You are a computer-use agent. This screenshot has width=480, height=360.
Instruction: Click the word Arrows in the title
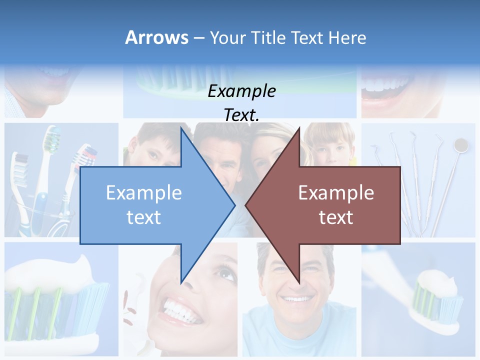(157, 37)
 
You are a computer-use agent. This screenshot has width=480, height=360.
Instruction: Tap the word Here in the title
(347, 38)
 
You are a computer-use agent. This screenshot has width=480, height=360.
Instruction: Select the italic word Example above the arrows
(241, 91)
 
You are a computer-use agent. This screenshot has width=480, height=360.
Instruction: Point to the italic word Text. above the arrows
(241, 115)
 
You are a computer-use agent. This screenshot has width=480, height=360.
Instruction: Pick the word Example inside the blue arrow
(144, 193)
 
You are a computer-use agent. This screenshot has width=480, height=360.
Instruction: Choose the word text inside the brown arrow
(336, 217)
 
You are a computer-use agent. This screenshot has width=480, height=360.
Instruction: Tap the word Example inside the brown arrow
(336, 193)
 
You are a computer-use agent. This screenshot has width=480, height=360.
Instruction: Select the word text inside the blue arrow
(144, 217)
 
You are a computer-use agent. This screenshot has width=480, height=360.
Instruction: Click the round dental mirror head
(461, 145)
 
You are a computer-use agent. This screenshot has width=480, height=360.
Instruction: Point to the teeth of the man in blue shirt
(297, 299)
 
